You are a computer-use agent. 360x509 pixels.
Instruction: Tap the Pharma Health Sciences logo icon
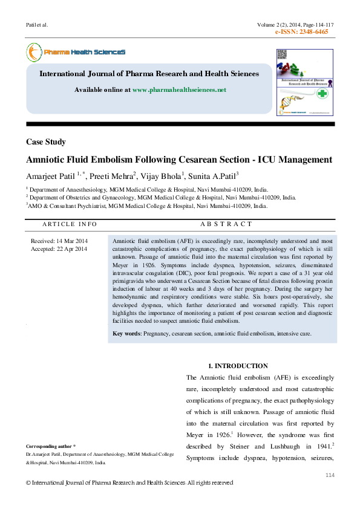pos(33,53)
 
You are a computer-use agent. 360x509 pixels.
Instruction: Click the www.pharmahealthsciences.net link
pos(178,89)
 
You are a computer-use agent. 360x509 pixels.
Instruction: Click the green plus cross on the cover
pos(322,94)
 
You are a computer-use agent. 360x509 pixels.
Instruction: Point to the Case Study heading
pos(46,142)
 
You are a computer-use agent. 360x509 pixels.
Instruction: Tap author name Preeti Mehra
pos(111,176)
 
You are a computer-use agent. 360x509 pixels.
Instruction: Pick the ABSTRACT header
pos(222,224)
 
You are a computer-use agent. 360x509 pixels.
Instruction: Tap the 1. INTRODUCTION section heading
pos(238,366)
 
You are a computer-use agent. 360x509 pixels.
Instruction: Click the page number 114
pos(330,476)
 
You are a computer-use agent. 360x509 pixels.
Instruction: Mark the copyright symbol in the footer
pos(28,483)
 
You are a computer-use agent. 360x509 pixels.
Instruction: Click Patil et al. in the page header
pos(37,25)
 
